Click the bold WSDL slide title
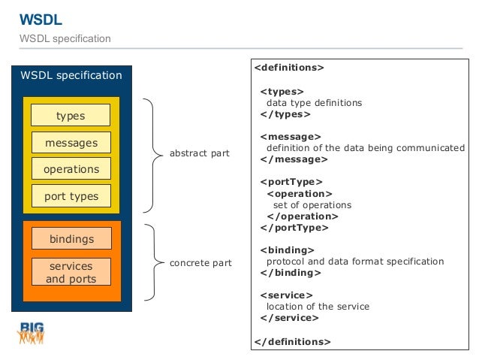41,20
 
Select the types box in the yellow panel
71,115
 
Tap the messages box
71,143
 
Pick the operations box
71,168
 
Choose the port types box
71,195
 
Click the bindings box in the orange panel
71,238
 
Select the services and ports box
71,272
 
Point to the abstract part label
200,153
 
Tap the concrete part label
200,263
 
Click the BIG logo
31,333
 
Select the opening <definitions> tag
289,68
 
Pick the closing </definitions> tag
292,342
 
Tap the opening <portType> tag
291,182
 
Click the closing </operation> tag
303,216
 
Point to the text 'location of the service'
318,307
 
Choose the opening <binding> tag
287,250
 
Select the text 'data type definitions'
314,103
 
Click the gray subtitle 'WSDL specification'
65,39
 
